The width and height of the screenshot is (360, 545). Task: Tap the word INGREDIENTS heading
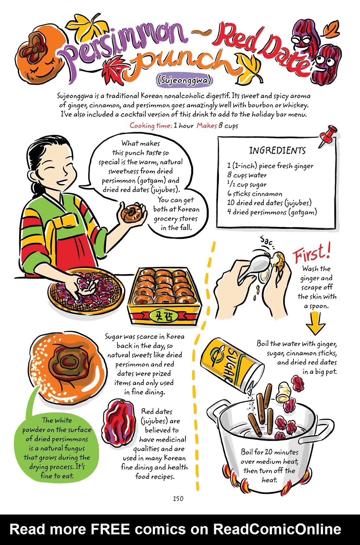[277, 150]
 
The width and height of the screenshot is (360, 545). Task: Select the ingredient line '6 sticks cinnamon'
[255, 194]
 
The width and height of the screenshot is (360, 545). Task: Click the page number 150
[178, 498]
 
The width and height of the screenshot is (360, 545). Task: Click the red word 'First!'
[311, 253]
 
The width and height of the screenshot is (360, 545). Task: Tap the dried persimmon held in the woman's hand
[132, 213]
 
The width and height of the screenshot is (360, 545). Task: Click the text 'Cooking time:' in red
[151, 125]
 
